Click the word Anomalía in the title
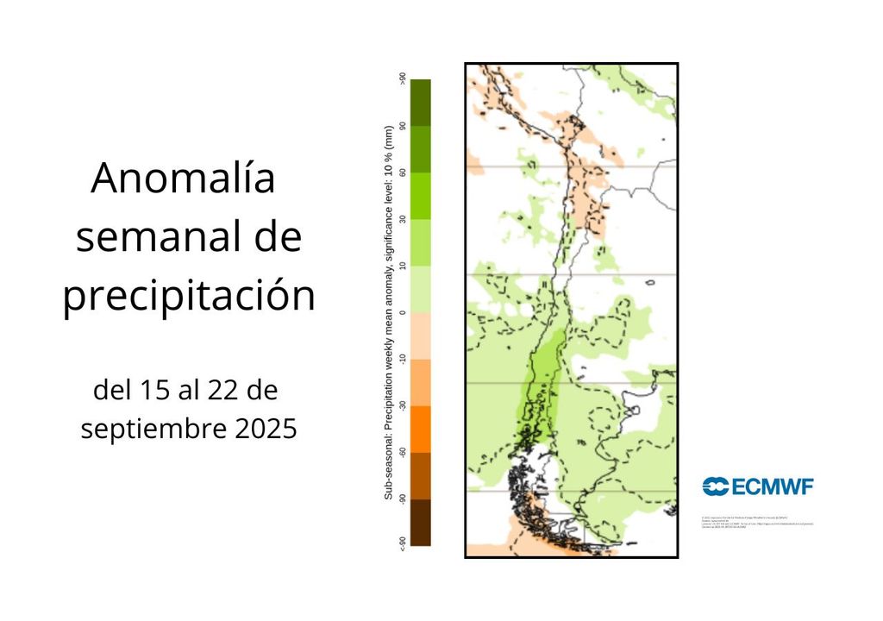(x=183, y=179)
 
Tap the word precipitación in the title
(x=189, y=296)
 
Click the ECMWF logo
(x=758, y=486)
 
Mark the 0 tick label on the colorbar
(x=403, y=312)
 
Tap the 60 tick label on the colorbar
(x=403, y=172)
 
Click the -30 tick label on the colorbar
(x=403, y=405)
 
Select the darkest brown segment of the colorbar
(x=421, y=523)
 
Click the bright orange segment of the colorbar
(x=421, y=430)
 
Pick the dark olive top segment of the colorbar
(x=421, y=103)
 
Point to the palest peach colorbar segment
(x=421, y=336)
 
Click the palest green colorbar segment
(x=421, y=289)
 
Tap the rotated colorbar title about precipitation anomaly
(x=389, y=312)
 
